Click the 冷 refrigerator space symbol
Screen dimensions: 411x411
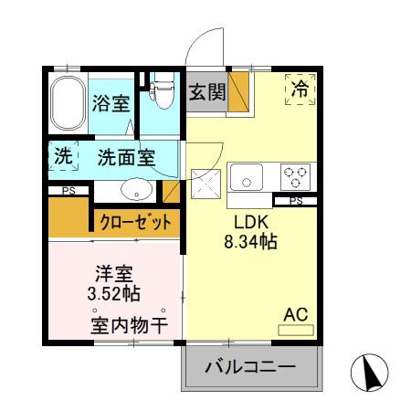[299, 89]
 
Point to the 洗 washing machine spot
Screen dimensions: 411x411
[61, 156]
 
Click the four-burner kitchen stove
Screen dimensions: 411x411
[295, 175]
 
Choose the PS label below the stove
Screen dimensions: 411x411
[295, 201]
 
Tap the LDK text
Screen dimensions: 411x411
[251, 224]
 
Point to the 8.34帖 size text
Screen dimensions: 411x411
[251, 243]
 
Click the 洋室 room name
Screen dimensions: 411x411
[114, 272]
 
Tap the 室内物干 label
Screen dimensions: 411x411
[127, 323]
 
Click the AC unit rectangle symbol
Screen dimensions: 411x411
[295, 328]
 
